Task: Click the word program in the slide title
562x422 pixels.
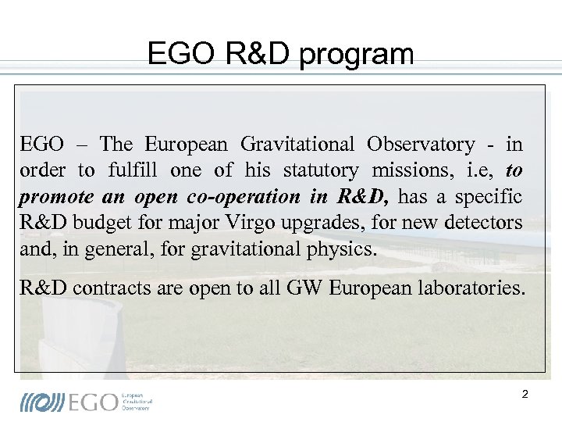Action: (x=365, y=55)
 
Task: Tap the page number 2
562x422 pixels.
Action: (x=525, y=394)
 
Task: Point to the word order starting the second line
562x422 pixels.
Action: (x=42, y=170)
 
